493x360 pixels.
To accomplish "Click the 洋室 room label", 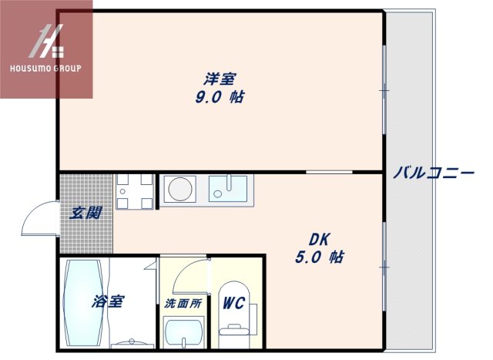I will pos(220,79).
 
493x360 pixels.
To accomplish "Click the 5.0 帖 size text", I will pos(319,257).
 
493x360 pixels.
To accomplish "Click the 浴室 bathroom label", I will pos(107,301).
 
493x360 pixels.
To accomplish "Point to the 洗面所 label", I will pos(183,304).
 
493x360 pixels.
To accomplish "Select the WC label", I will pos(233,304).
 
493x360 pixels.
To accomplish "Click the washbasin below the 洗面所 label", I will pos(183,334).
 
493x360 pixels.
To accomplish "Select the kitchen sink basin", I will pos(227,189).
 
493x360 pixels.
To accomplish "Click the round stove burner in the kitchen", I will pos(182,189).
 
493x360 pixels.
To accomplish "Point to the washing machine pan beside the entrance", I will pos(135,191).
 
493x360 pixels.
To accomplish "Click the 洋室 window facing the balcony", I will pos(384,90).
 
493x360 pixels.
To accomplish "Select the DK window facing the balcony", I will pos(384,266).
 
